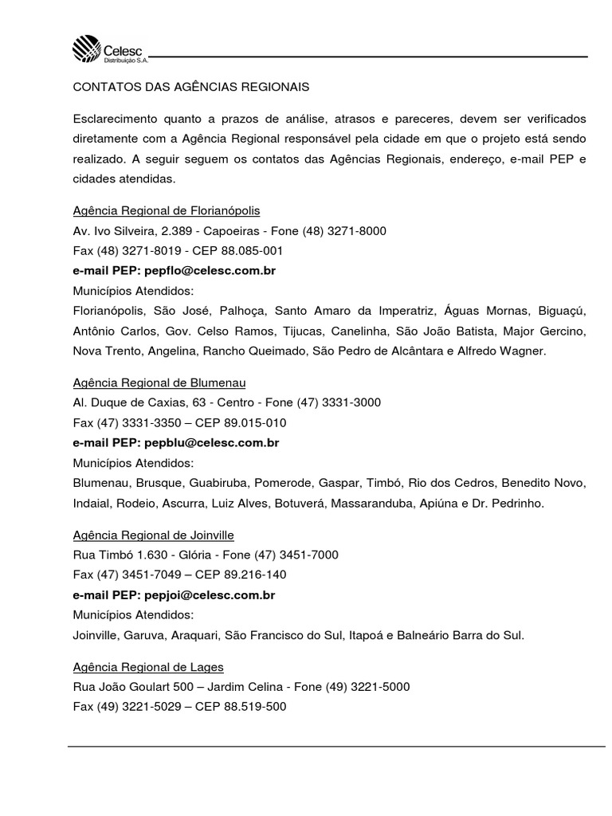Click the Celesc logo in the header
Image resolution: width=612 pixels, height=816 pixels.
click(108, 50)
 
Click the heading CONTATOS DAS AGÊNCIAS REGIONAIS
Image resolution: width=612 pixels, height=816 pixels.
click(190, 85)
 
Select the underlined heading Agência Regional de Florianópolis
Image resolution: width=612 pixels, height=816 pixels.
click(167, 210)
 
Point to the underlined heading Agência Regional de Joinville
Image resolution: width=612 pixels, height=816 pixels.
click(153, 535)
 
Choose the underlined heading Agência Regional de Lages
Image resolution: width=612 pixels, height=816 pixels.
click(148, 666)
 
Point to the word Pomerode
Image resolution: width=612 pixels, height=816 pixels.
click(281, 483)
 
